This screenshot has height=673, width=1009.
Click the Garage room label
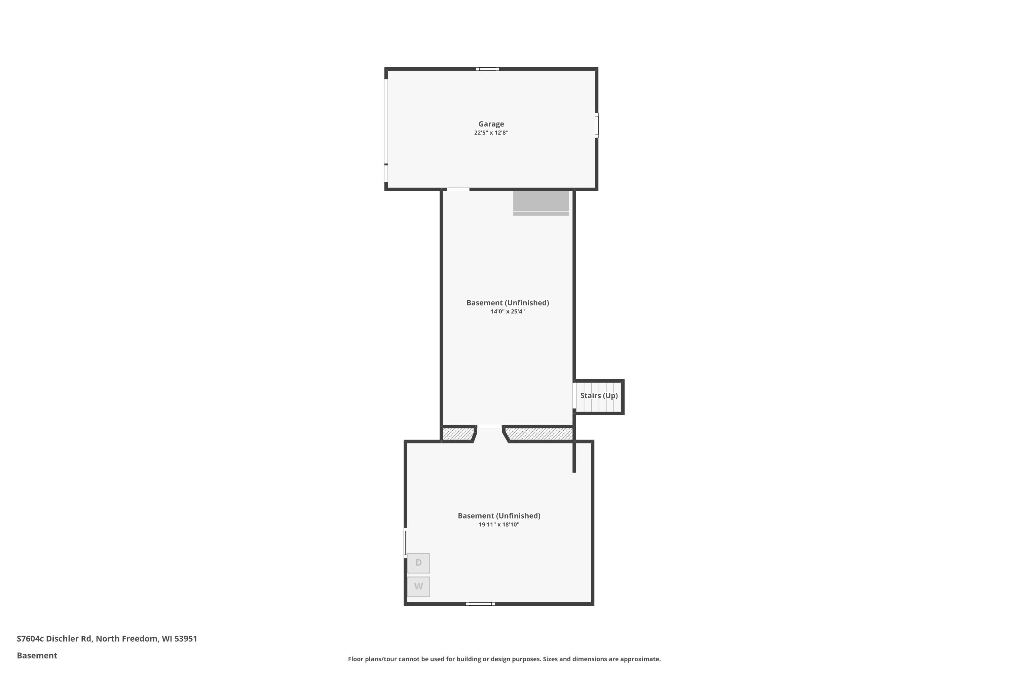click(491, 124)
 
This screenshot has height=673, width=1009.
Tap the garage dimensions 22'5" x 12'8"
click(491, 133)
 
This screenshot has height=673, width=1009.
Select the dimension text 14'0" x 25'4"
click(508, 312)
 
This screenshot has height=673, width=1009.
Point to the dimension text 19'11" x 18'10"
click(499, 525)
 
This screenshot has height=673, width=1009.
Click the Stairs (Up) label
click(599, 396)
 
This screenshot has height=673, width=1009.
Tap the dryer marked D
click(418, 563)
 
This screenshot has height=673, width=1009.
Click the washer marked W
click(418, 586)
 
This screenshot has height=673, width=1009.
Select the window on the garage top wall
click(487, 69)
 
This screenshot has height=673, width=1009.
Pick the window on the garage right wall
click(597, 125)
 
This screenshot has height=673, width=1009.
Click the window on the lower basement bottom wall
click(480, 604)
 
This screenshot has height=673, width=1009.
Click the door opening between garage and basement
click(458, 189)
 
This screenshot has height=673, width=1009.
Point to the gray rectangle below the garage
click(540, 203)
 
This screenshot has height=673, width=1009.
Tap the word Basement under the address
click(37, 656)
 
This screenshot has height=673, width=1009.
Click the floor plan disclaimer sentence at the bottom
click(504, 659)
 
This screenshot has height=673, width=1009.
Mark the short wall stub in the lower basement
click(574, 457)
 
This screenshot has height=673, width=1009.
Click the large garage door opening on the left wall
click(386, 121)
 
